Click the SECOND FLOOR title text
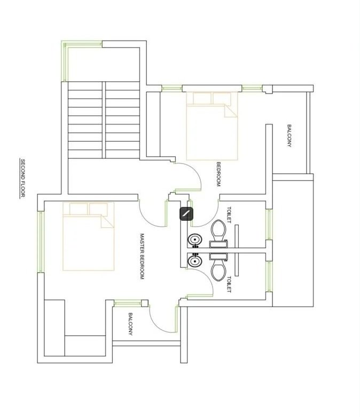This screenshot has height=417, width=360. click(x=22, y=178)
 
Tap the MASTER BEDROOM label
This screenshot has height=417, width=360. click(x=142, y=257)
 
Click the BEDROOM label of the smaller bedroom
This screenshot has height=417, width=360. click(x=218, y=174)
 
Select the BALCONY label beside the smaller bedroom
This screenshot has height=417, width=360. click(x=289, y=136)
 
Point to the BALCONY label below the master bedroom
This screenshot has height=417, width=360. click(x=130, y=323)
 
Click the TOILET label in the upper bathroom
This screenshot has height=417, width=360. click(x=229, y=215)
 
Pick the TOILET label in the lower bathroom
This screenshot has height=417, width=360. click(x=229, y=284)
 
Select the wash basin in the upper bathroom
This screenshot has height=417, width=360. click(x=195, y=240)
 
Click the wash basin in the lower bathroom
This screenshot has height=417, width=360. click(x=195, y=261)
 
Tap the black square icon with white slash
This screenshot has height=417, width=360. click(x=186, y=213)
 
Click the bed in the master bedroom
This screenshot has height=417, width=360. click(x=89, y=236)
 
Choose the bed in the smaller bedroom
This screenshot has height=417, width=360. click(x=212, y=126)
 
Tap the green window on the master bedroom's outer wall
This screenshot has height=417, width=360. click(x=41, y=242)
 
